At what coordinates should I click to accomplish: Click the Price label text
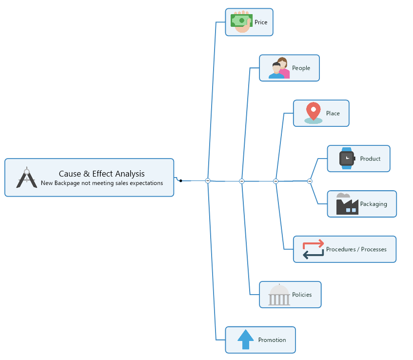pyautogui.click(x=261, y=22)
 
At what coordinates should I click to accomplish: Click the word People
pyautogui.click(x=301, y=68)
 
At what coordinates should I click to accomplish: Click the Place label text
pyautogui.click(x=333, y=114)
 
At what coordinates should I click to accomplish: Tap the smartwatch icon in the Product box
pyautogui.click(x=347, y=159)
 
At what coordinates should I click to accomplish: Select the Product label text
pyautogui.click(x=370, y=159)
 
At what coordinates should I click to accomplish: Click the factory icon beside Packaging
pyautogui.click(x=347, y=204)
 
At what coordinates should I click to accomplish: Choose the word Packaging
pyautogui.click(x=374, y=204)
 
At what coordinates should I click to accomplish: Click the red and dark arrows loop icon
pyautogui.click(x=313, y=249)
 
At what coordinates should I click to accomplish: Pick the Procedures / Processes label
pyautogui.click(x=356, y=250)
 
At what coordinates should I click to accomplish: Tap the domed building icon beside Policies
pyautogui.click(x=279, y=295)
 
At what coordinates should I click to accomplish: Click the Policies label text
pyautogui.click(x=302, y=295)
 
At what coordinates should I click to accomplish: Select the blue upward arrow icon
pyautogui.click(x=245, y=340)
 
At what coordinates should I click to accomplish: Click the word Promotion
pyautogui.click(x=272, y=340)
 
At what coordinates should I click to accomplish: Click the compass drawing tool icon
pyautogui.click(x=26, y=178)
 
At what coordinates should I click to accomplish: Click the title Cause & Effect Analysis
pyautogui.click(x=101, y=174)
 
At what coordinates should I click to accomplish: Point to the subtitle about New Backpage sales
pyautogui.click(x=101, y=183)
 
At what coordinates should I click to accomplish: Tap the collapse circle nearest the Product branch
pyautogui.click(x=310, y=181)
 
